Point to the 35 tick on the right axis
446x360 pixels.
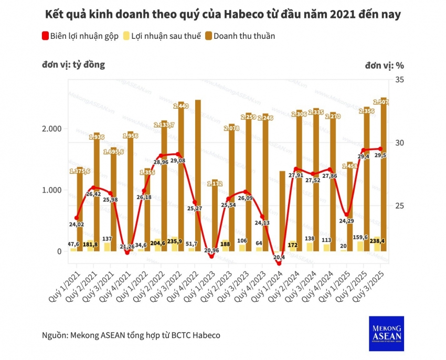pyautogui.click(x=399, y=79)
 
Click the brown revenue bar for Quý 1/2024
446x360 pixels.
pyautogui.click(x=282, y=210)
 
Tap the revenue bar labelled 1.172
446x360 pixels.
pyautogui.click(x=215, y=215)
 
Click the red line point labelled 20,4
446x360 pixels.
pyautogui.click(x=279, y=263)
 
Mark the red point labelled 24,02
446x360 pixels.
pyautogui.click(x=77, y=218)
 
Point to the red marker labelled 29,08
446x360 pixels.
pyautogui.click(x=178, y=154)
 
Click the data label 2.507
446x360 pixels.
pyautogui.click(x=380, y=101)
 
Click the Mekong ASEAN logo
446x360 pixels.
pyautogui.click(x=386, y=333)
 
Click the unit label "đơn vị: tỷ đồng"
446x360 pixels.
pyautogui.click(x=73, y=65)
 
